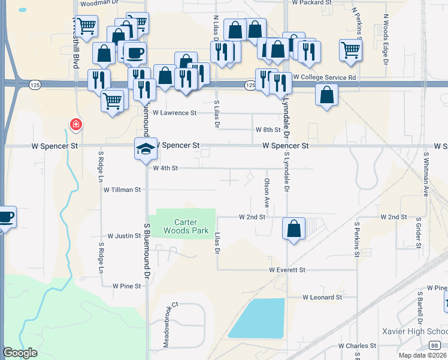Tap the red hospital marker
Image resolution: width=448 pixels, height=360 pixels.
[76, 125]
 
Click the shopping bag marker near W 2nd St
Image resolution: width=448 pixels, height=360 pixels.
[293, 229]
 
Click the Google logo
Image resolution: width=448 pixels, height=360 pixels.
[20, 353]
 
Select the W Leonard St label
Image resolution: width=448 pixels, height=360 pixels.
[322, 297]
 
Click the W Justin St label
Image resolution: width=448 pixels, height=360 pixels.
[124, 236]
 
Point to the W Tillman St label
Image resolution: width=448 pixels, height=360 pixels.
[122, 190]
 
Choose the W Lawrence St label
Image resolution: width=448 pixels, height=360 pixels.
[174, 113]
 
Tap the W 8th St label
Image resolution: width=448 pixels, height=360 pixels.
[268, 130]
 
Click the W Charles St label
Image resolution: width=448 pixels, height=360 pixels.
[357, 346]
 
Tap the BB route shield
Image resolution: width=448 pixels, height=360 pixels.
[434, 346]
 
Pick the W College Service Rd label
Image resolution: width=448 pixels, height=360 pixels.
[325, 77]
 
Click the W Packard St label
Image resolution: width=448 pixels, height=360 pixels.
[312, 3]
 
